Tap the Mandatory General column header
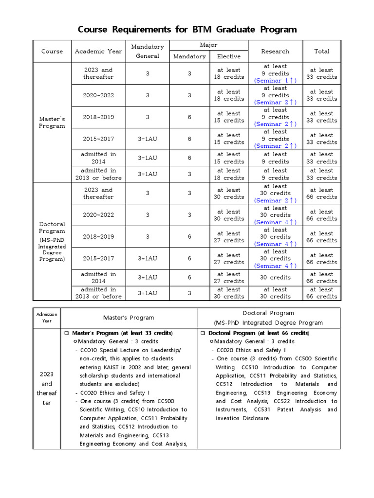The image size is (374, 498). pos(148,51)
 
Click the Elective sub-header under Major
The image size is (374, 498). pos(229,56)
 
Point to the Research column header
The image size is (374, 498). pos(275,51)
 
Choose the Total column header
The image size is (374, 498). pos(322,51)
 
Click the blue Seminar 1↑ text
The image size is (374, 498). pos(275,81)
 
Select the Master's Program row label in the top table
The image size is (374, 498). pos(52,122)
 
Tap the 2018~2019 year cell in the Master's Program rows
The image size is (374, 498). pos(98,117)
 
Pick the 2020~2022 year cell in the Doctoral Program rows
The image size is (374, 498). pos(98,215)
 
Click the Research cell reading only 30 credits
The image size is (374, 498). pos(275,278)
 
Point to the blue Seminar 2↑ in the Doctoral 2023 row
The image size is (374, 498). pos(275,200)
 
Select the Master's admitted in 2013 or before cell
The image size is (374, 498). pos(98,174)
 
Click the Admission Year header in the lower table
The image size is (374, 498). pos(47,318)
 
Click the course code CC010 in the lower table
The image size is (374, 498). pos(90,350)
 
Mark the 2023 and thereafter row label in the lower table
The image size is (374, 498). pos(47,389)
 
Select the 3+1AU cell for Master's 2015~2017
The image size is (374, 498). pos(148,139)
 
